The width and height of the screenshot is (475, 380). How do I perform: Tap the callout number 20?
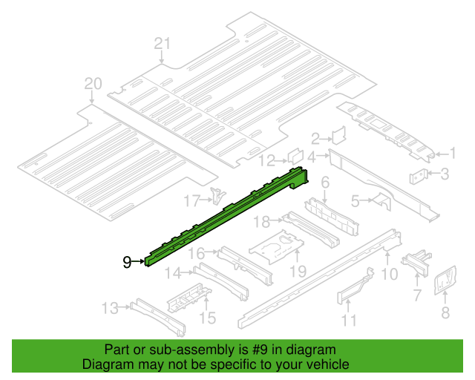tap(91, 84)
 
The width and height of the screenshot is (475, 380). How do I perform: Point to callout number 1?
tap(451, 154)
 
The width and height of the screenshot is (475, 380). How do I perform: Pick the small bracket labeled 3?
tap(419, 177)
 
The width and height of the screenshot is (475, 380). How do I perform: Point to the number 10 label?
tap(389, 274)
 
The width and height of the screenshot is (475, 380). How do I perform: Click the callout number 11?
tap(349, 321)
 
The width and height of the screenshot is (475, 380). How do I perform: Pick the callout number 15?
tap(208, 318)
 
